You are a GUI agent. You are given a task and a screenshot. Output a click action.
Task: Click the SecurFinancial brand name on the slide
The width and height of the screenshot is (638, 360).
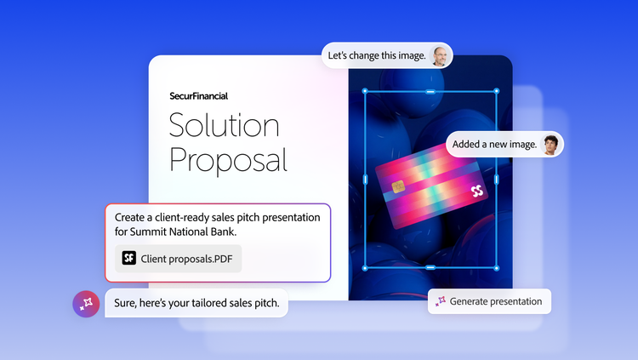point(198,96)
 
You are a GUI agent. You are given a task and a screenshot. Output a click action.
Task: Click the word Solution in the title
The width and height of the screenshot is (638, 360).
point(225,125)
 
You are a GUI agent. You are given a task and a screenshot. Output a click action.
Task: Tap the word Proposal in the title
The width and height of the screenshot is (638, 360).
point(228,161)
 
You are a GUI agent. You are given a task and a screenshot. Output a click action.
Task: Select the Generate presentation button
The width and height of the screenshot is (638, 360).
point(489,301)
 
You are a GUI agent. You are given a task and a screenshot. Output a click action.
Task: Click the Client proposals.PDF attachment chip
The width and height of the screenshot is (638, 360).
point(179,259)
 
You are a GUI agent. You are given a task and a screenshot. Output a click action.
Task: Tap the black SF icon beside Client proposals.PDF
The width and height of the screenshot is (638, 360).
point(129,258)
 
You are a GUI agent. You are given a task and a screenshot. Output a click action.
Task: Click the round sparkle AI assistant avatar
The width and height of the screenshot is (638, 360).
point(86,304)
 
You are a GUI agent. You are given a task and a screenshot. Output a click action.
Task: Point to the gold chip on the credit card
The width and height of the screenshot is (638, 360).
point(398,187)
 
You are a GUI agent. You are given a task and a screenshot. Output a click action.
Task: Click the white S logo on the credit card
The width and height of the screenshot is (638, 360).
point(477,191)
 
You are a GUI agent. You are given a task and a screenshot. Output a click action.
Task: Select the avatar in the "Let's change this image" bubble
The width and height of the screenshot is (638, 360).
point(440,55)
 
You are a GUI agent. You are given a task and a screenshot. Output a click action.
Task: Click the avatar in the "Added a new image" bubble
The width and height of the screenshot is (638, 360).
point(550,144)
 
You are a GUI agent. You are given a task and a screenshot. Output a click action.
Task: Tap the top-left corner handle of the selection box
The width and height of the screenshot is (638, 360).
point(365,91)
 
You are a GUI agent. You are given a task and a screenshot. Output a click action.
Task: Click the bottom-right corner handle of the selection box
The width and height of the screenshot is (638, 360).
point(497,268)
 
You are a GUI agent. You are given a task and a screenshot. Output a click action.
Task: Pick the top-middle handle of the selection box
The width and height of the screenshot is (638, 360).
point(430,92)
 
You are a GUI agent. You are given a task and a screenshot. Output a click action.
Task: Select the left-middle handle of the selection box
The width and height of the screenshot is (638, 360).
point(365,180)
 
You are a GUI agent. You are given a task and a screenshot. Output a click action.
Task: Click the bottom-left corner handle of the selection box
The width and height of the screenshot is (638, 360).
point(365,268)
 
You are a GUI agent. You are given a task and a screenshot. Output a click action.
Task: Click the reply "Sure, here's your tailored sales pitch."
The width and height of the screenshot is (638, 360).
point(197,303)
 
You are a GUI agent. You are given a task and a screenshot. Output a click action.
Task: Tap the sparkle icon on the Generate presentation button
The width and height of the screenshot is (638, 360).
point(441,301)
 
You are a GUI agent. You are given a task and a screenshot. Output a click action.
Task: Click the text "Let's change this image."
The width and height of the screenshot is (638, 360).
point(377,55)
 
